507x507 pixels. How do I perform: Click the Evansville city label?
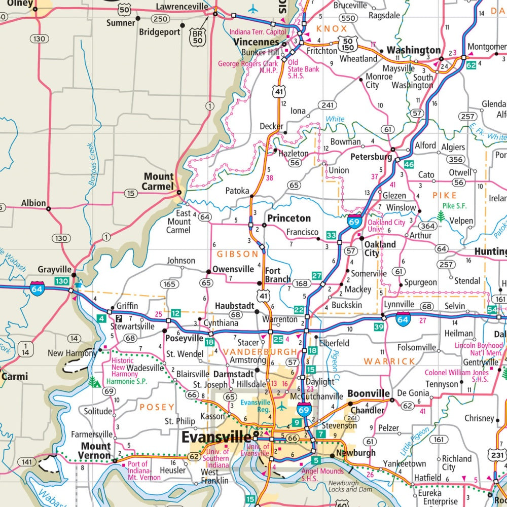click(x=216, y=437)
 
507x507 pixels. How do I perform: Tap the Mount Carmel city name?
click(x=158, y=182)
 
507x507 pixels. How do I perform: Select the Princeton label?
click(x=289, y=218)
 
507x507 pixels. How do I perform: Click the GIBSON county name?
click(x=238, y=254)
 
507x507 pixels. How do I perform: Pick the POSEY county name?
click(x=157, y=407)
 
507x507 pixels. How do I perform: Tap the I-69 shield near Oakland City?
click(x=354, y=221)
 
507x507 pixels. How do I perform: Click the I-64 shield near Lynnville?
click(x=403, y=319)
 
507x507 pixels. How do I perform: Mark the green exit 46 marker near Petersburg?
click(x=409, y=165)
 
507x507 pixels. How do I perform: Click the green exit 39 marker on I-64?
click(x=379, y=327)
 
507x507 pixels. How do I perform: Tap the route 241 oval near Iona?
click(x=328, y=105)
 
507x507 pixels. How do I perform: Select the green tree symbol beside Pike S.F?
click(x=441, y=217)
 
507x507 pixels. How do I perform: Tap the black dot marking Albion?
click(x=49, y=208)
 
